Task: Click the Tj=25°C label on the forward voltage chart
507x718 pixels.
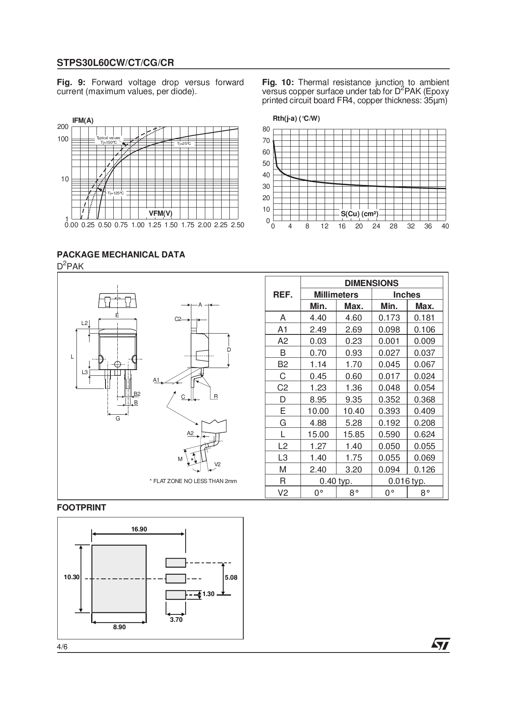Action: coord(184,144)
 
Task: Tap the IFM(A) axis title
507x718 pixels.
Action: coord(83,121)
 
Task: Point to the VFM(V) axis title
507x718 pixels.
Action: coord(160,214)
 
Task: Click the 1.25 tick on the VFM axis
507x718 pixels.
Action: coord(155,225)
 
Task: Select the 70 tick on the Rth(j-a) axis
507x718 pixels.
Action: coord(266,141)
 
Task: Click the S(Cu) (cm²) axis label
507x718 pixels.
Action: coord(359,214)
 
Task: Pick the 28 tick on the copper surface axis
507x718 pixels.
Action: coord(393,226)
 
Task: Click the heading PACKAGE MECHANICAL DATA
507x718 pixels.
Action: coord(121,255)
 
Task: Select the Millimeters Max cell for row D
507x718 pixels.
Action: coord(354,400)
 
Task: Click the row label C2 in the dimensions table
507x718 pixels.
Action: coord(283,388)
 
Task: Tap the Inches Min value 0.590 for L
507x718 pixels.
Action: coord(389,434)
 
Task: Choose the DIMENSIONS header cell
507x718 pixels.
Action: coord(371,283)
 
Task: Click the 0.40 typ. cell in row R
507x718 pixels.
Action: coord(336,481)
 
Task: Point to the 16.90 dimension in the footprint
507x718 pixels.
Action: coord(139,529)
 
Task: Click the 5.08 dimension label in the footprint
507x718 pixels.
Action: coord(231,578)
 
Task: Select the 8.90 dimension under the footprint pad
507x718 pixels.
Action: coord(119,627)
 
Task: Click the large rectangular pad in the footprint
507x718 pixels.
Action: coord(119,578)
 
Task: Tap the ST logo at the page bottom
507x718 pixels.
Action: coord(440,644)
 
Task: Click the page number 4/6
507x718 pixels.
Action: coord(62,647)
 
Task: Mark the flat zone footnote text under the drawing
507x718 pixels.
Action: coord(193,481)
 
